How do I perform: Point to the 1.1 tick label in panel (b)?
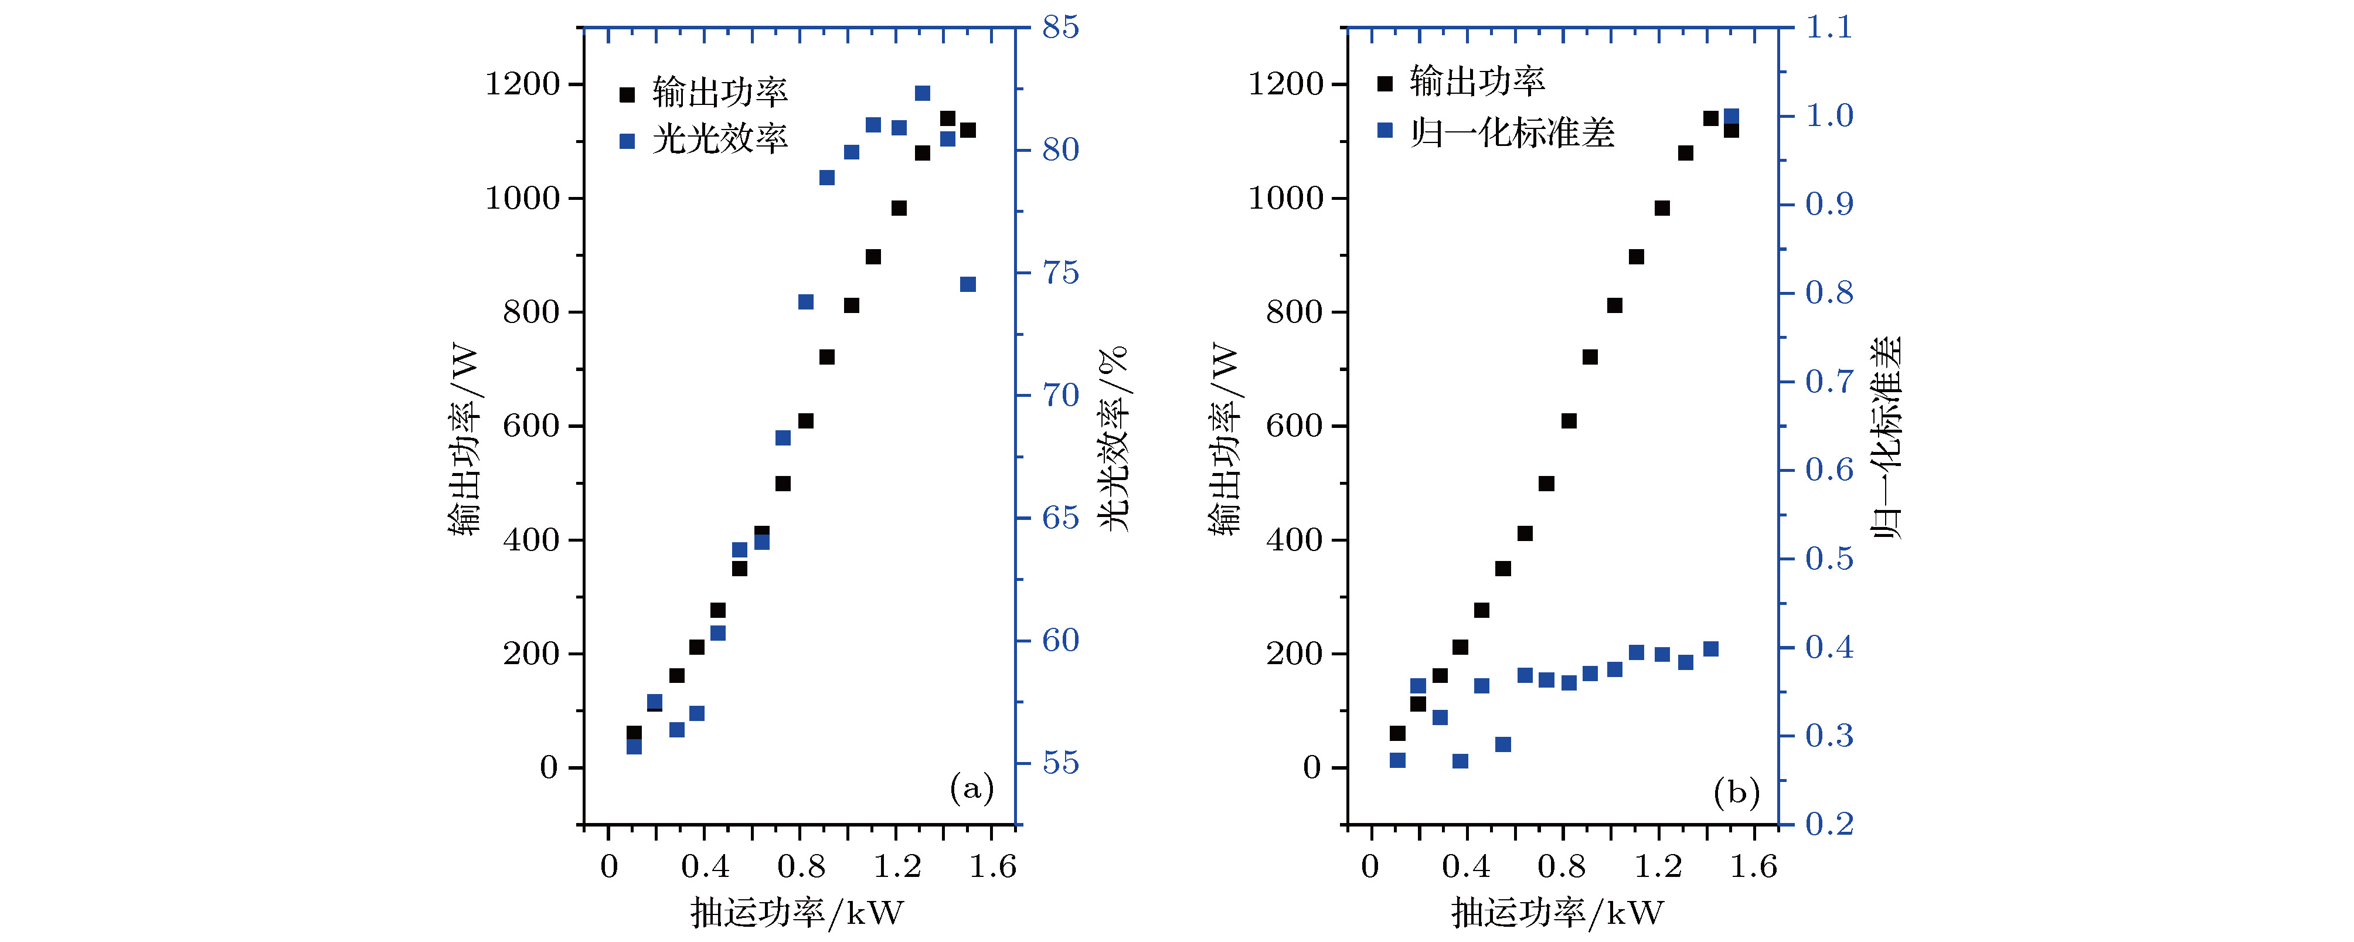[x=1829, y=28]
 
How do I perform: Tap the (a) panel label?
[x=971, y=788]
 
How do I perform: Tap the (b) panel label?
[x=1736, y=791]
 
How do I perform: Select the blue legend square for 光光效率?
[x=627, y=141]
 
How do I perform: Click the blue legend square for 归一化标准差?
[x=1384, y=131]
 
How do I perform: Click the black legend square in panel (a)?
[x=627, y=94]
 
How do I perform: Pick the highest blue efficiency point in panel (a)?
[x=922, y=93]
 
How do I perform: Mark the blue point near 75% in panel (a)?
[x=968, y=284]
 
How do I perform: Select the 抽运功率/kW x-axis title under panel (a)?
[x=797, y=912]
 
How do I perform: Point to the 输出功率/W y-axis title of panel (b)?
[x=1226, y=438]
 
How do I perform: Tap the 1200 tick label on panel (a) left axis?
[x=522, y=84]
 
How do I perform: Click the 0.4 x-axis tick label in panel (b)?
[x=1466, y=865]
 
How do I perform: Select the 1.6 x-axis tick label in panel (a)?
[x=992, y=865]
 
